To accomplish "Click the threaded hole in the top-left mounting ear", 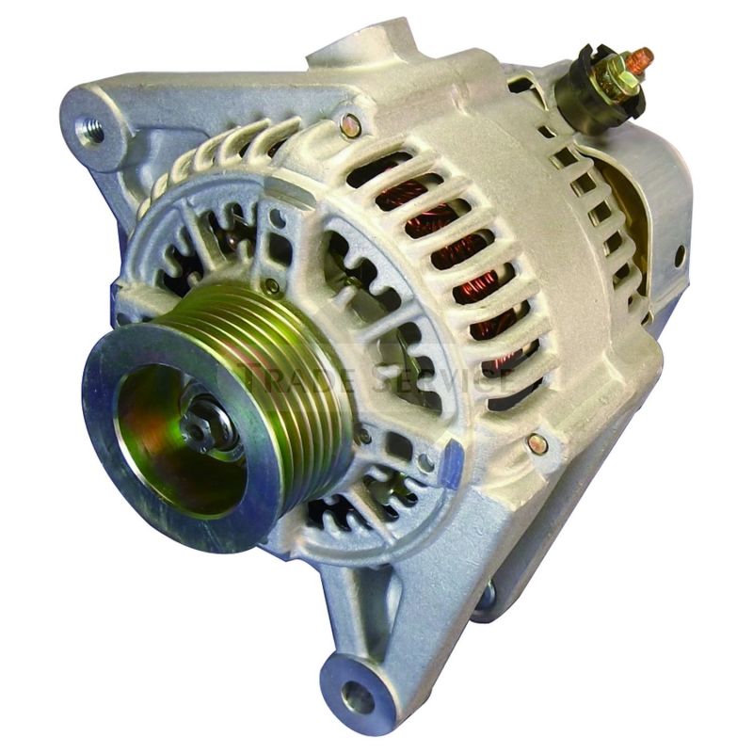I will [x=92, y=129].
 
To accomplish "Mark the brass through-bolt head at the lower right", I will [x=537, y=441].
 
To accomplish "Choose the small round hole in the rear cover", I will [x=680, y=254].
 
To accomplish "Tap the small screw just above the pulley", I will [x=271, y=285].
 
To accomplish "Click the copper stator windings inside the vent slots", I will [x=471, y=273].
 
